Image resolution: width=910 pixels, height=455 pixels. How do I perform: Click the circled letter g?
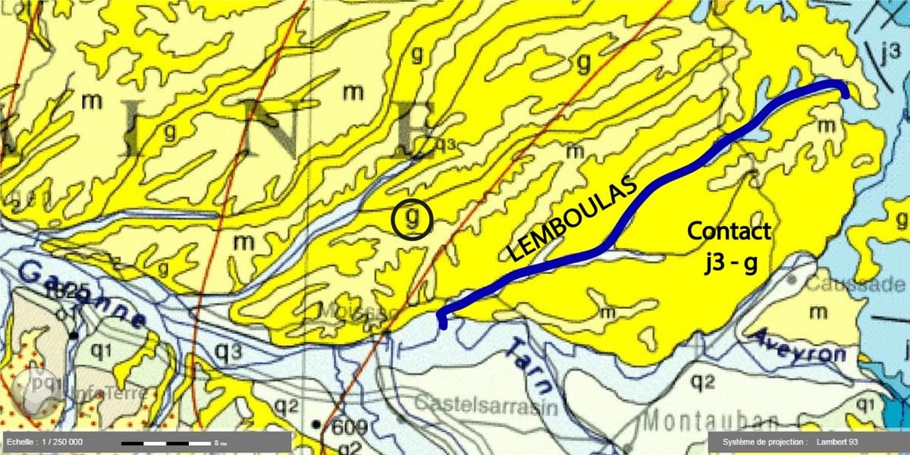tap(412, 220)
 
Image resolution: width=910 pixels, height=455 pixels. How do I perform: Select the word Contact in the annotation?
tap(729, 231)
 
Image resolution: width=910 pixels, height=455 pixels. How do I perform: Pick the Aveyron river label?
tap(796, 351)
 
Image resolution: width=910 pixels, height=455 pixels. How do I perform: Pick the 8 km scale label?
tap(220, 442)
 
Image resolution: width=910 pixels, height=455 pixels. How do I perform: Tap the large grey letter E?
tap(413, 129)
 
